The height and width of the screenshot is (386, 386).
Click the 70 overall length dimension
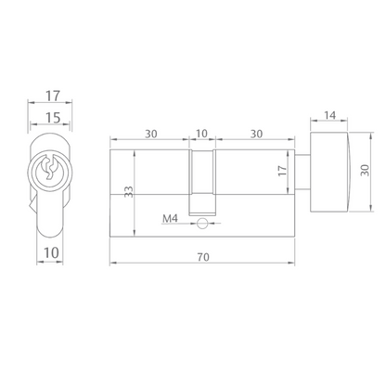[203, 257]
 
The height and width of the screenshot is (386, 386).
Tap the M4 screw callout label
[171, 219]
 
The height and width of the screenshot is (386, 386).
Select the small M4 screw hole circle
[202, 224]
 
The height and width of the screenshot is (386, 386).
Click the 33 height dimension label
[129, 192]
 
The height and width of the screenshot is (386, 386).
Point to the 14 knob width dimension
[329, 115]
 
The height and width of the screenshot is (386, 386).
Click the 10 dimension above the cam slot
[201, 134]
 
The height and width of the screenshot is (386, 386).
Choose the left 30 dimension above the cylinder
[151, 134]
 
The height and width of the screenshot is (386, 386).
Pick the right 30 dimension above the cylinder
[256, 134]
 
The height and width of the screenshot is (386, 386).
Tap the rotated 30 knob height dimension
[365, 171]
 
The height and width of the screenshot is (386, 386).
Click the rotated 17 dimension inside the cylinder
[282, 171]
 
